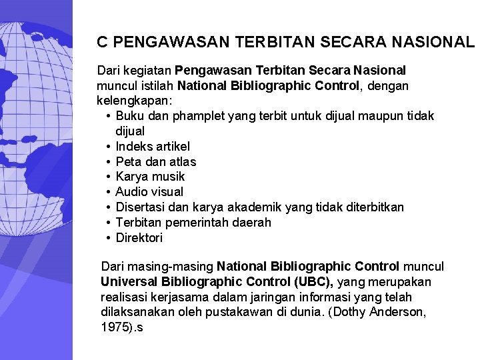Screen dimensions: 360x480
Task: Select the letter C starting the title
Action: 102,42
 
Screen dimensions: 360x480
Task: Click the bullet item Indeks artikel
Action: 152,146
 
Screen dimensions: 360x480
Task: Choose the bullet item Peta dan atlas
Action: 155,161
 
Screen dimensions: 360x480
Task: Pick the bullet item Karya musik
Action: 150,177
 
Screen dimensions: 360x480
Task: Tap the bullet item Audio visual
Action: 149,192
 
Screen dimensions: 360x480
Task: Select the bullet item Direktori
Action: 139,238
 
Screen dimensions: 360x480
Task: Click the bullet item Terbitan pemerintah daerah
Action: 193,223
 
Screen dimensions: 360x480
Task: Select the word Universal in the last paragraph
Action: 127,281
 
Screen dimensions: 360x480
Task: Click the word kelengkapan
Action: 133,101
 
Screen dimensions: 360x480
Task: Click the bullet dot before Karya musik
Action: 107,177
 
